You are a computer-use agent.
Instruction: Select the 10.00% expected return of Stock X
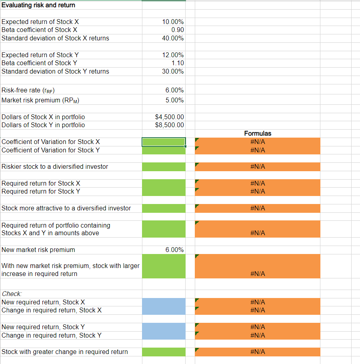point(173,22)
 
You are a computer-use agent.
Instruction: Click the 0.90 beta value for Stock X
point(177,30)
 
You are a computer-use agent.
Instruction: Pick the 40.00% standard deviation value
point(173,38)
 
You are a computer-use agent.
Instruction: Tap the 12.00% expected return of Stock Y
point(173,55)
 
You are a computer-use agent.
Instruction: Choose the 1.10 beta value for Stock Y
point(177,63)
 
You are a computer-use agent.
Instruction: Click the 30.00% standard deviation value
point(173,71)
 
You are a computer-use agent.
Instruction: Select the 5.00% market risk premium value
point(174,100)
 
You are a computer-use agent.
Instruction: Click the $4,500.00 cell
point(169,117)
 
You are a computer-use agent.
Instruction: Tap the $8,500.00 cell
point(169,125)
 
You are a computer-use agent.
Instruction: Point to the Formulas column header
point(258,133)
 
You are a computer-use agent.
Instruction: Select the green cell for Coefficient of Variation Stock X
point(164,142)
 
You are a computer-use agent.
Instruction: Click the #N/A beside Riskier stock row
point(258,166)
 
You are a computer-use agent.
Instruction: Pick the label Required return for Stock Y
point(41,191)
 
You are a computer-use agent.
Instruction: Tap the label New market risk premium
point(38,250)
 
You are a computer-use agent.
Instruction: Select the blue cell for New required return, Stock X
point(164,302)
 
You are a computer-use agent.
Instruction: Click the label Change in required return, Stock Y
point(52,335)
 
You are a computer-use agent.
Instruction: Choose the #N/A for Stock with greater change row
point(258,352)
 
